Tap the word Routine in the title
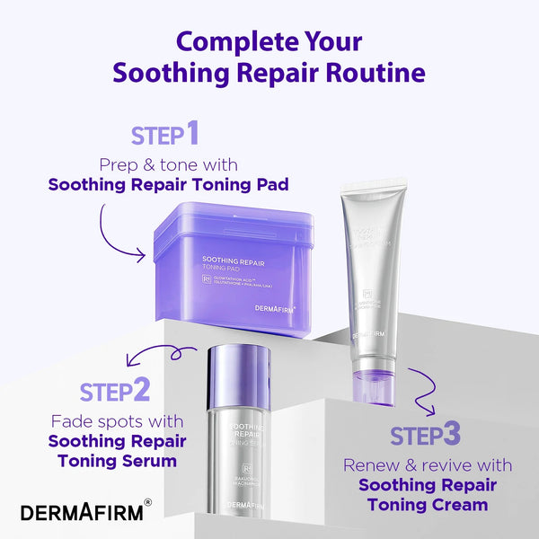click(x=374, y=72)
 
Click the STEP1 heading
click(x=164, y=135)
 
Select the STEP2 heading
click(x=114, y=391)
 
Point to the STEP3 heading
click(x=426, y=435)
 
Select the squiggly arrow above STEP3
click(x=422, y=391)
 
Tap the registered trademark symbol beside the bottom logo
click(x=148, y=504)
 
